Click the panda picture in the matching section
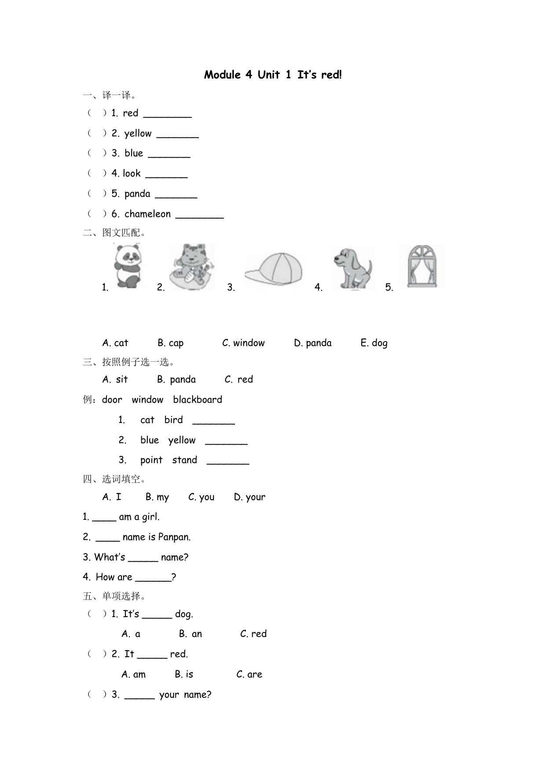[x=128, y=267]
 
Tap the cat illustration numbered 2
[x=192, y=267]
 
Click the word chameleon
[x=147, y=214]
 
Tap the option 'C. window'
[x=243, y=343]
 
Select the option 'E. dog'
[x=374, y=343]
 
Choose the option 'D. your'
[x=249, y=497]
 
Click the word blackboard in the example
[x=198, y=400]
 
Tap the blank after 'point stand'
[x=228, y=461]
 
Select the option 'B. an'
[x=191, y=634]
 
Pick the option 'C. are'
[x=249, y=675]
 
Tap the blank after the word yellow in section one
[x=178, y=134]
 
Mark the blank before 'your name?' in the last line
[x=139, y=695]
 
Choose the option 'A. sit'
[x=115, y=380]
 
